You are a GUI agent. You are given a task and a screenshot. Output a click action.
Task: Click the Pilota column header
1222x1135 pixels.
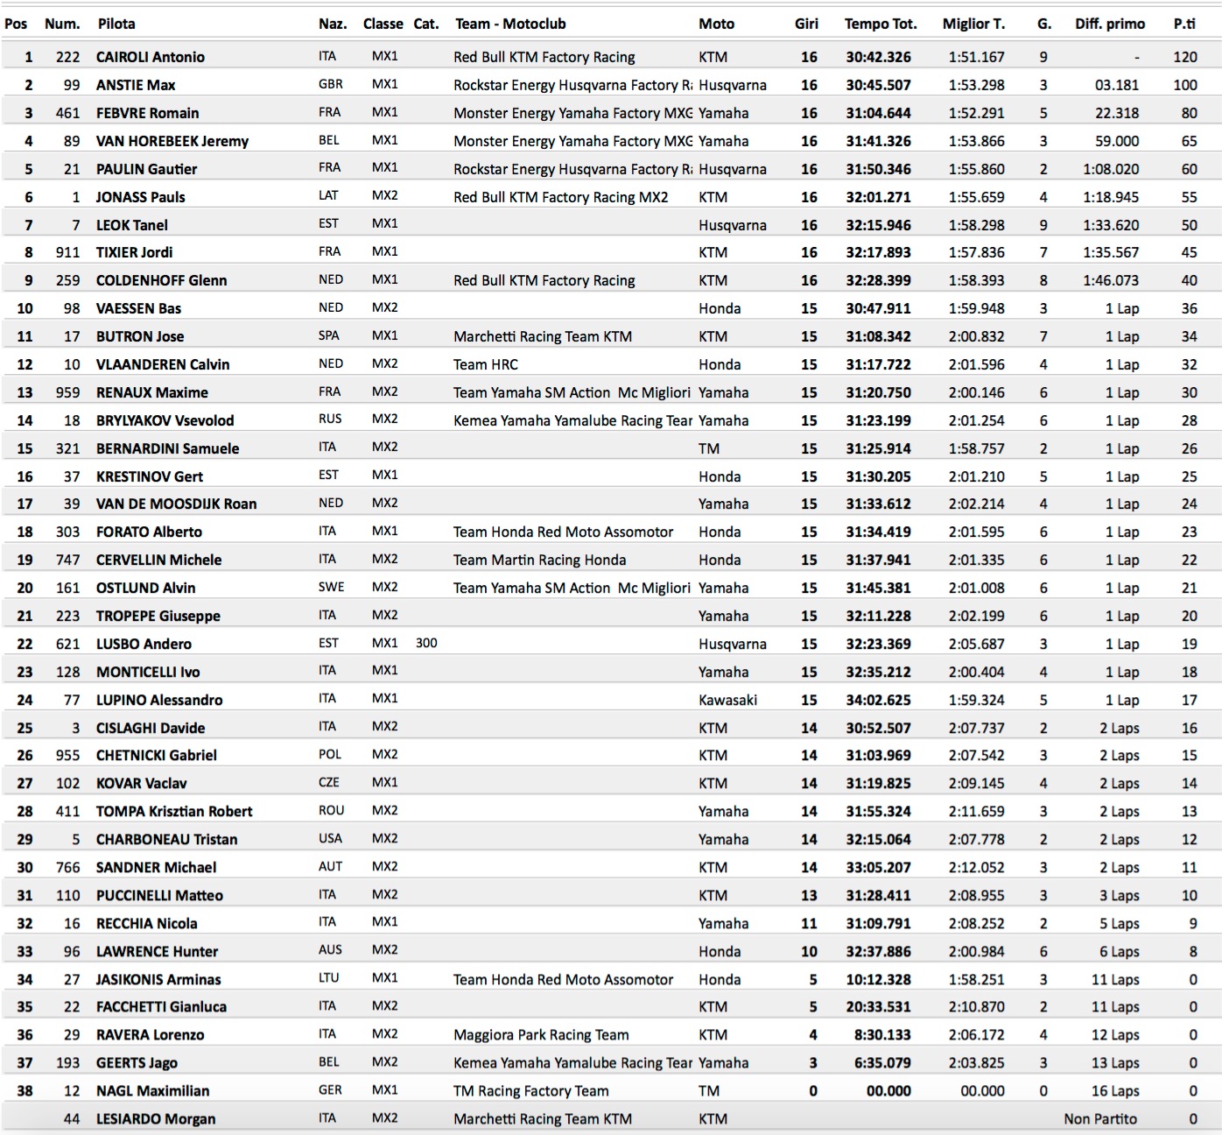pyautogui.click(x=116, y=24)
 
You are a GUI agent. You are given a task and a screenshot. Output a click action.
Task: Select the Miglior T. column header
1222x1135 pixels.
pyautogui.click(x=973, y=24)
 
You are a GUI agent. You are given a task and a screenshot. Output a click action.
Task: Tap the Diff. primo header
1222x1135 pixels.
pyautogui.click(x=1110, y=24)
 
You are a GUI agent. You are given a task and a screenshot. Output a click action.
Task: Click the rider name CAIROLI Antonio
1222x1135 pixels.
pyautogui.click(x=151, y=57)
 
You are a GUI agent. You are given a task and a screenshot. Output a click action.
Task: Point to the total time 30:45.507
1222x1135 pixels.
pyautogui.click(x=878, y=85)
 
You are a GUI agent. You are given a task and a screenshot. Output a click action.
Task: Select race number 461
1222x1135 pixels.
pyautogui.click(x=67, y=113)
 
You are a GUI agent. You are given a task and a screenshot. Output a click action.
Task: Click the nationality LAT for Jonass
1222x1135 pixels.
pyautogui.click(x=328, y=196)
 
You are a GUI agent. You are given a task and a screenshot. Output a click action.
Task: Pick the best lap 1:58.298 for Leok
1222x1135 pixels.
pyautogui.click(x=976, y=225)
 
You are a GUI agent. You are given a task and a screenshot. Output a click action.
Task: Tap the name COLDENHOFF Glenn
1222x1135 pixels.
pyautogui.click(x=161, y=280)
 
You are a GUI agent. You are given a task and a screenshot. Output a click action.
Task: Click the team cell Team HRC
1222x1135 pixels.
pyautogui.click(x=486, y=364)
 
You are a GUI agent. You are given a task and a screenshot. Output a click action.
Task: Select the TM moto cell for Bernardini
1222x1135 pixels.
pyautogui.click(x=709, y=448)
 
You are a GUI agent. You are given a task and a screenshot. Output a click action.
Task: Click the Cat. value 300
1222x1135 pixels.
pyautogui.click(x=426, y=643)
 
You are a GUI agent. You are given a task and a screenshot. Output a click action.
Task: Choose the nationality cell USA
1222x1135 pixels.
pyautogui.click(x=330, y=838)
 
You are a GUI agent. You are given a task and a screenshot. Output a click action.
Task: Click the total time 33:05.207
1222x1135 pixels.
pyautogui.click(x=878, y=867)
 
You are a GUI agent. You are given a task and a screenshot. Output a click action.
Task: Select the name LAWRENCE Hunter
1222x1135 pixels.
pyautogui.click(x=157, y=951)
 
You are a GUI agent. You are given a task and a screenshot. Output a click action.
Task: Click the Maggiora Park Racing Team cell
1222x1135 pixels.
pyautogui.click(x=541, y=1035)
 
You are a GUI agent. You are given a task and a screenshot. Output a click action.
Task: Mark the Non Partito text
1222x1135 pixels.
pyautogui.click(x=1100, y=1118)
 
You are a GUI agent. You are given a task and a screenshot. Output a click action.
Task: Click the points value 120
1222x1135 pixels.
pyautogui.click(x=1184, y=57)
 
